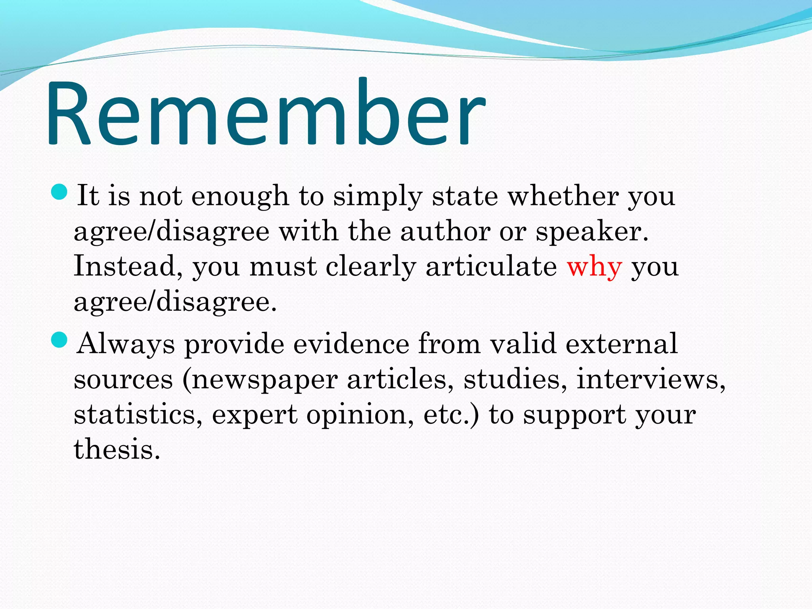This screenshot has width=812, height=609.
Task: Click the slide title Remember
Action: (x=266, y=113)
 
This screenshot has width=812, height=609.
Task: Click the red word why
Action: (x=594, y=267)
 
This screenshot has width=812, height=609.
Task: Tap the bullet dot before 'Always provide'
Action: (x=60, y=340)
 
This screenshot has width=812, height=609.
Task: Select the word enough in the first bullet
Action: (x=240, y=196)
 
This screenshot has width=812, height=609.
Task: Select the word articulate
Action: (x=491, y=266)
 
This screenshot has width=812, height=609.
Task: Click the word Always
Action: (x=126, y=344)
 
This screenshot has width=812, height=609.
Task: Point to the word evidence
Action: (x=351, y=343)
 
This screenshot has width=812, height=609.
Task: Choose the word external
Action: (x=621, y=343)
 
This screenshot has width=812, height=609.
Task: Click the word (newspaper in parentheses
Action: (x=260, y=380)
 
